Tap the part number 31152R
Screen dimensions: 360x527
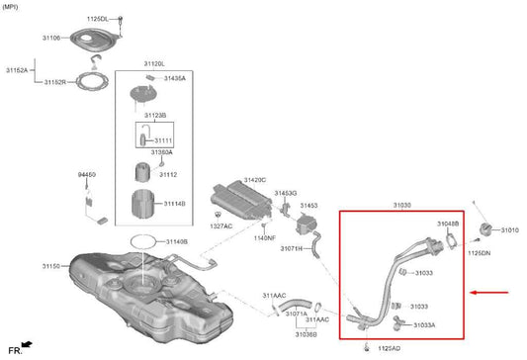(x=54, y=82)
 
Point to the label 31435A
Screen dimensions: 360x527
(x=175, y=77)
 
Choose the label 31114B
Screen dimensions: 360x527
(x=175, y=204)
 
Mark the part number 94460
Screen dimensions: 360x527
(x=87, y=174)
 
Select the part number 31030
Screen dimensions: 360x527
(x=401, y=206)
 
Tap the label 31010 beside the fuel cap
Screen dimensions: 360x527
(x=509, y=230)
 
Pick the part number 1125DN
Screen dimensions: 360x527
(x=479, y=254)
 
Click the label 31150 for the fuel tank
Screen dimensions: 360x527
(x=50, y=266)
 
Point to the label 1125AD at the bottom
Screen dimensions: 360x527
(x=390, y=349)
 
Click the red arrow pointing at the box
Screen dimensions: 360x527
(x=490, y=293)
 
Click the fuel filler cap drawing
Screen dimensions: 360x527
(x=485, y=230)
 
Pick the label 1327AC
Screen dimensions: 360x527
(x=221, y=226)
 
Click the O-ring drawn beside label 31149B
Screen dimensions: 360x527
(x=144, y=241)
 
